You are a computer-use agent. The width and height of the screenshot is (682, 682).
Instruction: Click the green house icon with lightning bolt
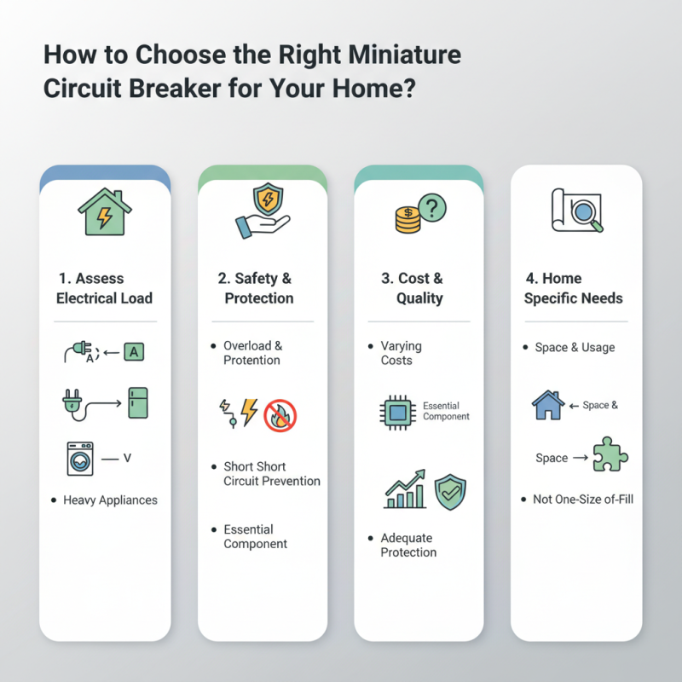(105, 212)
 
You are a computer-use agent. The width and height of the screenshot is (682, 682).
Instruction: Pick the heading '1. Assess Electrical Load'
(104, 288)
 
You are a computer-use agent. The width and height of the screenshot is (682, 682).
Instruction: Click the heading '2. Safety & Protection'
(262, 288)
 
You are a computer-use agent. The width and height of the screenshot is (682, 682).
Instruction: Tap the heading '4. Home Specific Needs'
(573, 288)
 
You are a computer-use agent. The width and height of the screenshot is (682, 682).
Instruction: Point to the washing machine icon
(79, 459)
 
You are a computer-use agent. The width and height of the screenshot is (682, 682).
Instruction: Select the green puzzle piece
(610, 455)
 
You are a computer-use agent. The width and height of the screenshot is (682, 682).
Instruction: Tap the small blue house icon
(548, 405)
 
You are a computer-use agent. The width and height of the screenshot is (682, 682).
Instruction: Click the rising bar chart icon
(406, 488)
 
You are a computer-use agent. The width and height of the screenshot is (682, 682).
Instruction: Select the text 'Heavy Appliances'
(109, 500)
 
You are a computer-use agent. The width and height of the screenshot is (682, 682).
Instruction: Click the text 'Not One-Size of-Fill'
(583, 499)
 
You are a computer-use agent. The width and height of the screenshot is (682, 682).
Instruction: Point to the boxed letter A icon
(134, 351)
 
